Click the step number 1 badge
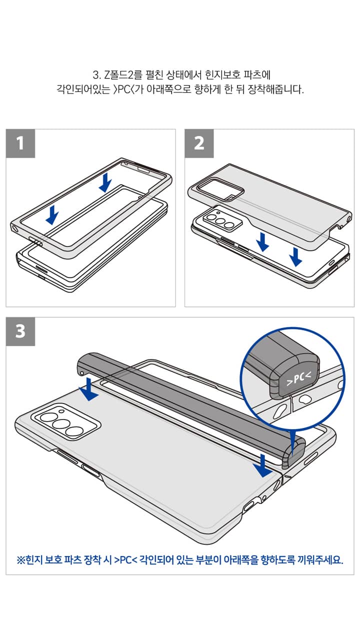[20, 143]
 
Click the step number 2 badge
[199, 143]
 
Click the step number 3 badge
[20, 331]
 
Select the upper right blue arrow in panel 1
[105, 182]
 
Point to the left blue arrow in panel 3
[90, 389]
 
